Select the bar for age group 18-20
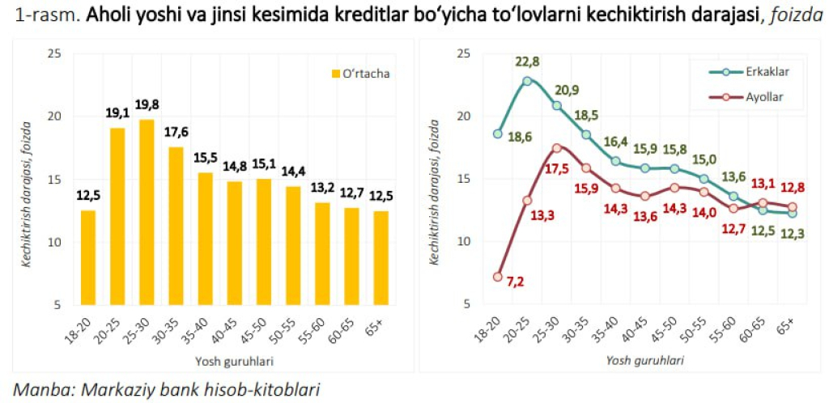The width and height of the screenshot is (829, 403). tap(87, 257)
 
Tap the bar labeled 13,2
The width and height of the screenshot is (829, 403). tap(300, 253)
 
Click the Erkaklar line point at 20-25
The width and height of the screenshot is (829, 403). tap(527, 81)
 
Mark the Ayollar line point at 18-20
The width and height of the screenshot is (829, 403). tap(498, 277)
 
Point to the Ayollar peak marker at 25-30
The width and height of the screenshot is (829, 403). tap(556, 148)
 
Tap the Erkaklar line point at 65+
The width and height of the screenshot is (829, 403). tap(792, 213)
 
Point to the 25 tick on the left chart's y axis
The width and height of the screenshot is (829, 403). tap(54, 53)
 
